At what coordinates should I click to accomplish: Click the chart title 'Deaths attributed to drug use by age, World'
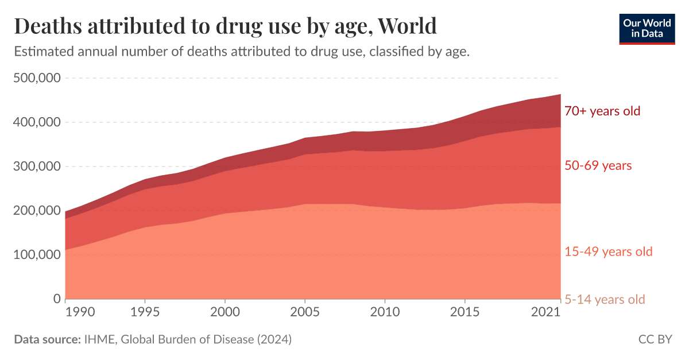point(225,26)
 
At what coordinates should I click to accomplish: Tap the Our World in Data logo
point(647,28)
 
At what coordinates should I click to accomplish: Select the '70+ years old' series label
point(602,111)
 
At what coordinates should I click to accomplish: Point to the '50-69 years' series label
point(598,166)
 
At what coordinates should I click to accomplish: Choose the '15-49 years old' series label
point(608,251)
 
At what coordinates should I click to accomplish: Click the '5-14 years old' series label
point(605,299)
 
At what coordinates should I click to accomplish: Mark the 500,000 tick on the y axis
point(37,78)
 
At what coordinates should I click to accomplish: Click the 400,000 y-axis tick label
point(37,122)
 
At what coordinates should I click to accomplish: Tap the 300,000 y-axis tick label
point(37,167)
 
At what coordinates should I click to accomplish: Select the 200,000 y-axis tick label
point(37,211)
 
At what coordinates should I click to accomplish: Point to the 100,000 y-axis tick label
point(37,254)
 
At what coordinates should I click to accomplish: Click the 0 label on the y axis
point(56,299)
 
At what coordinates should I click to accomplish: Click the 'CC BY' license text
point(655,339)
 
